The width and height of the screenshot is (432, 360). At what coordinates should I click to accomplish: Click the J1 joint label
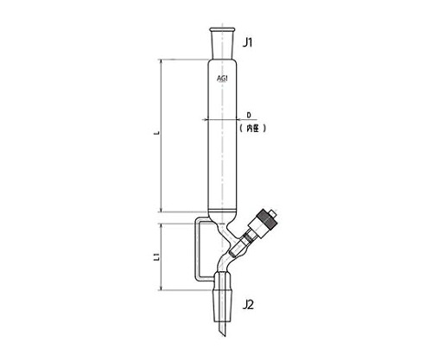click(247, 43)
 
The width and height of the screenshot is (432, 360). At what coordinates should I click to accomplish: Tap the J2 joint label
click(248, 305)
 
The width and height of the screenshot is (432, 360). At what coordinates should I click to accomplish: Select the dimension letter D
click(249, 115)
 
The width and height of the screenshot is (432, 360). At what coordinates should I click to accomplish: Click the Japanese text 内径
click(252, 129)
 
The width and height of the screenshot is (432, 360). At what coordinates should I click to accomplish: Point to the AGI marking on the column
click(222, 79)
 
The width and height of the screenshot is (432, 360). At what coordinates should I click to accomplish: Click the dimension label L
click(157, 133)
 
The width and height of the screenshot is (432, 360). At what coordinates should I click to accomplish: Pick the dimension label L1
click(157, 257)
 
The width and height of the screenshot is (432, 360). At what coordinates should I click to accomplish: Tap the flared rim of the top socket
click(222, 29)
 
